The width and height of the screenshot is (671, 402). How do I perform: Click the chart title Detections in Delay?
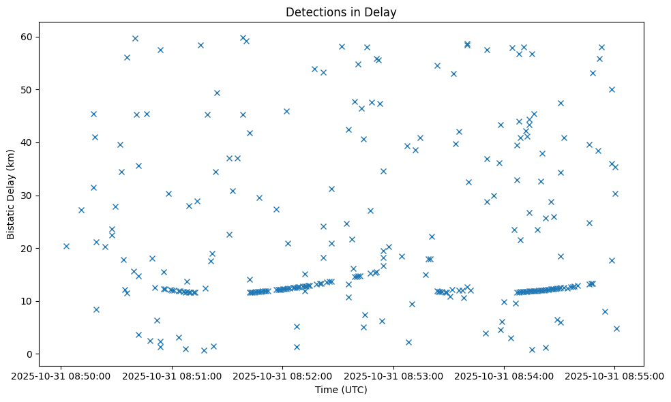tap(341, 12)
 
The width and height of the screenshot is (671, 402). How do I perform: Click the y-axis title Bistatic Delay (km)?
tap(11, 187)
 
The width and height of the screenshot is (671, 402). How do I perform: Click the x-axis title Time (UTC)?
tap(341, 390)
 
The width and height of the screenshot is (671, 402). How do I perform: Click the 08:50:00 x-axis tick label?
tap(61, 375)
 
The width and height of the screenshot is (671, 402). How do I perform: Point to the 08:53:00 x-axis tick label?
tap(393, 375)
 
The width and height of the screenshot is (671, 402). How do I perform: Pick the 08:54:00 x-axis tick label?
tap(504, 375)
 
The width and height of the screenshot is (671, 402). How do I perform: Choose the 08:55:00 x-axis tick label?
tap(614, 375)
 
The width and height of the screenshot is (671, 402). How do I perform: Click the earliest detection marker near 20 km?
tap(66, 246)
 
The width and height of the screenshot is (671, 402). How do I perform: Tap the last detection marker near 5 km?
tap(616, 328)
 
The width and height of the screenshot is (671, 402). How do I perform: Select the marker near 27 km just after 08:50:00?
tap(81, 210)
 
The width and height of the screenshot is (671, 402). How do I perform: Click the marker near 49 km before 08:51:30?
tap(217, 93)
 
